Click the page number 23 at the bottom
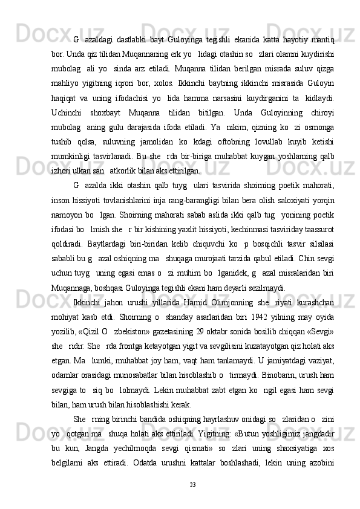[192, 484]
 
